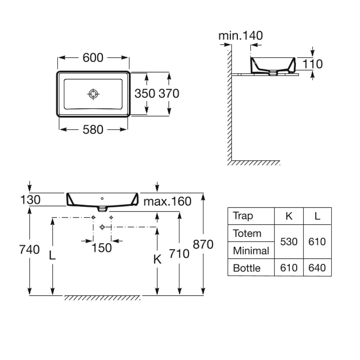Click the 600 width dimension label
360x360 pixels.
(x=93, y=58)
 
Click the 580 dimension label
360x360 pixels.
(x=93, y=130)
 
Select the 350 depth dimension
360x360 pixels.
(x=145, y=93)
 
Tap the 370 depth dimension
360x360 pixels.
(x=169, y=93)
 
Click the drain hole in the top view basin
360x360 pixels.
(x=93, y=94)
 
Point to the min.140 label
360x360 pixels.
(x=241, y=35)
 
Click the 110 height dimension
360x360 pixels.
(x=313, y=64)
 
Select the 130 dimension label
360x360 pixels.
(x=30, y=200)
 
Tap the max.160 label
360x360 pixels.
(x=167, y=201)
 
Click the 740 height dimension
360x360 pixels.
(x=29, y=249)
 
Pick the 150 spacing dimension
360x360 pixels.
(x=102, y=248)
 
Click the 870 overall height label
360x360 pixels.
(x=203, y=244)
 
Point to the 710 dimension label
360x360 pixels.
(x=179, y=254)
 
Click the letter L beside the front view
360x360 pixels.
(x=52, y=255)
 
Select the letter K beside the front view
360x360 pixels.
(x=157, y=259)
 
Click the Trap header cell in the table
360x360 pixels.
(x=243, y=216)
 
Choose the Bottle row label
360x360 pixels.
(x=247, y=268)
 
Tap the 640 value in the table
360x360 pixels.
(x=317, y=268)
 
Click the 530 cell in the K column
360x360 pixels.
(x=289, y=242)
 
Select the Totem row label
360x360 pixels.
(x=247, y=233)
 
